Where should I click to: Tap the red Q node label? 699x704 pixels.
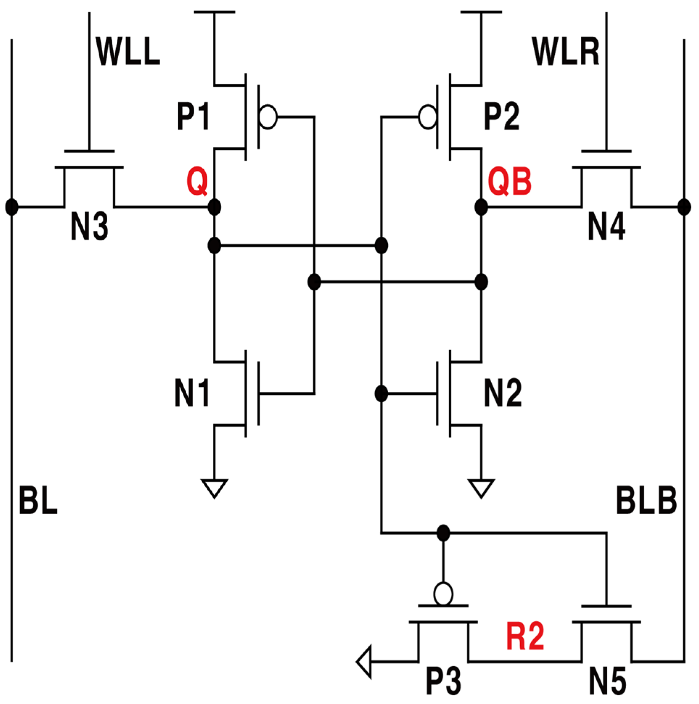click(197, 182)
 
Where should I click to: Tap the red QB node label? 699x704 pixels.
click(509, 182)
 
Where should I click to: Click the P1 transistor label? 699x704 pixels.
click(193, 117)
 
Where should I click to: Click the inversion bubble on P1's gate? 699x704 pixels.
click(268, 117)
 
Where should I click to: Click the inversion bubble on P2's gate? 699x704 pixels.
click(427, 117)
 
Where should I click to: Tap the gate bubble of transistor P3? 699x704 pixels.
click(443, 594)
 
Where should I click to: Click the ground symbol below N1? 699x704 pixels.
click(214, 488)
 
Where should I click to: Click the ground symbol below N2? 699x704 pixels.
click(481, 488)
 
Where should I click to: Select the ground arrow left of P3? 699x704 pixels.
click(364, 661)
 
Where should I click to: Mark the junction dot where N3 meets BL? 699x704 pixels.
click(12, 207)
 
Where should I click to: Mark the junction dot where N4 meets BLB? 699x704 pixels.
click(684, 207)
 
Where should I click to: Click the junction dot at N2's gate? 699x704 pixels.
click(381, 394)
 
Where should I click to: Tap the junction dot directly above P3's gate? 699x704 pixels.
click(443, 533)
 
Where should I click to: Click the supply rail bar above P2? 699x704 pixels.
click(481, 12)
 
